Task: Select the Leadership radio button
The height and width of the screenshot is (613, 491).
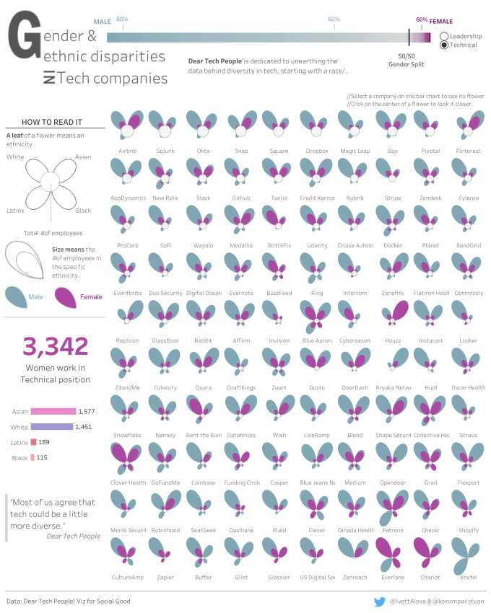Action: tap(443, 35)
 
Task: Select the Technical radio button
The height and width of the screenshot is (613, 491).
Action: tap(443, 45)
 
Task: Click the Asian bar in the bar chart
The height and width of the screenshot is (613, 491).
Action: tap(53, 411)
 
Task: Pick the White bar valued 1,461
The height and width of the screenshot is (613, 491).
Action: tap(51, 427)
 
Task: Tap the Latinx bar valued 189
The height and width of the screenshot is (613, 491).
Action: tap(33, 442)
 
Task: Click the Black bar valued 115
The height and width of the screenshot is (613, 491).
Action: tap(32, 457)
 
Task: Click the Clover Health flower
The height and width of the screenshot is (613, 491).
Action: tap(127, 456)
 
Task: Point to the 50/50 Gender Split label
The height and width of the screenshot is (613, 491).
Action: tap(407, 60)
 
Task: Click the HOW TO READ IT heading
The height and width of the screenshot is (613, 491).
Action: tap(51, 122)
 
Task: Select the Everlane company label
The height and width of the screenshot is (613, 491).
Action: tap(392, 577)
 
